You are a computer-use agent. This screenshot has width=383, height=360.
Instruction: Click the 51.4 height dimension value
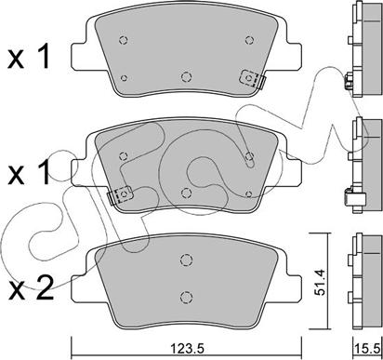[x=319, y=282]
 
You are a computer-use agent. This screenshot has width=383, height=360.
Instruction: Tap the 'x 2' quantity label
[x=31, y=289]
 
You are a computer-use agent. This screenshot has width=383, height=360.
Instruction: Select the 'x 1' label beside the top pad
[x=29, y=56]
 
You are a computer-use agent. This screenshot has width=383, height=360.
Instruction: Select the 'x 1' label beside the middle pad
[x=29, y=172]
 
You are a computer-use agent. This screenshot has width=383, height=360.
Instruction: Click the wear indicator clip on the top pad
[x=253, y=79]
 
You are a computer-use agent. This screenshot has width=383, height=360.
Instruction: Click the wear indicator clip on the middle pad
[x=120, y=195]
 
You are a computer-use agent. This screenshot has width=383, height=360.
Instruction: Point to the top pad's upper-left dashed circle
[x=124, y=40]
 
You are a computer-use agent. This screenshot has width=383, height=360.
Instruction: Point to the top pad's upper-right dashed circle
[x=249, y=40]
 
